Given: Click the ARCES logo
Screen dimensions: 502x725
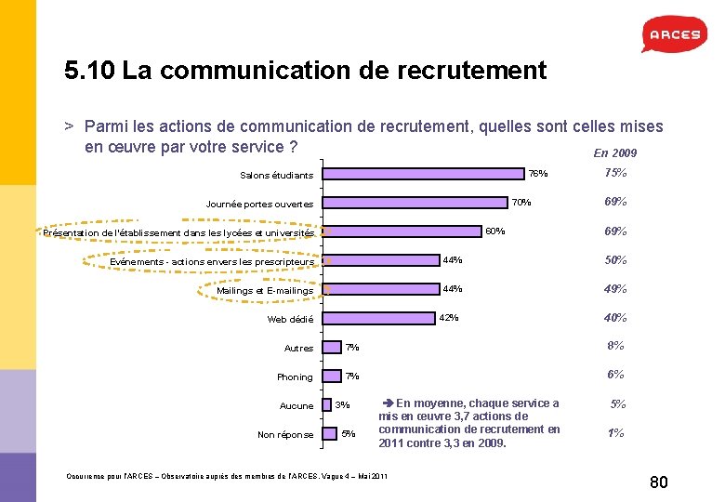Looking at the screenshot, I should coord(670,34).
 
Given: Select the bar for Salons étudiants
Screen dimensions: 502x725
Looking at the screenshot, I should coord(422,173).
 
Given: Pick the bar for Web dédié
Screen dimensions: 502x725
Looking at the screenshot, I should coord(379,318).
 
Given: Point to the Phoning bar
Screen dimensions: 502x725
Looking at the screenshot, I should coord(330,376).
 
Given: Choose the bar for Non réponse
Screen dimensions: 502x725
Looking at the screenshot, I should coord(328,433).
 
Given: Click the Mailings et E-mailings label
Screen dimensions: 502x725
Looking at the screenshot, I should coord(265,291).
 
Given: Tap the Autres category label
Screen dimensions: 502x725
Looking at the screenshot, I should coord(298,349).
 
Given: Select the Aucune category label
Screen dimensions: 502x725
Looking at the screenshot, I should coord(297,406).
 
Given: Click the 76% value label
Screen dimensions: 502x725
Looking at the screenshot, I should coord(538,174).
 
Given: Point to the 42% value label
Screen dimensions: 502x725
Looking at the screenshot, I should coord(448,318).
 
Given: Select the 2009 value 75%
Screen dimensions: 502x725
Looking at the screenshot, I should coord(615,173).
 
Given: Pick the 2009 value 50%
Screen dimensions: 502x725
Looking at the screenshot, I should coord(615,259).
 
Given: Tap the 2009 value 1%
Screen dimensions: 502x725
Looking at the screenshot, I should coord(615,433).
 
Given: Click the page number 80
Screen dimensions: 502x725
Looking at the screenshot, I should coord(659,482).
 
